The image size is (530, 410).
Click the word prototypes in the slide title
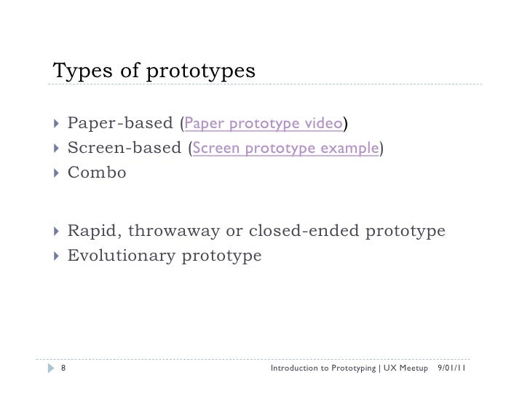(202, 72)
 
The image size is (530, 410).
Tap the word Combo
(97, 173)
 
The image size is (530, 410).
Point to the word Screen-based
(124, 149)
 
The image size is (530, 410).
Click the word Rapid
(94, 232)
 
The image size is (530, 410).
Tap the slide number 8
(63, 368)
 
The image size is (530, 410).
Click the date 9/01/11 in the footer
(452, 368)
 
